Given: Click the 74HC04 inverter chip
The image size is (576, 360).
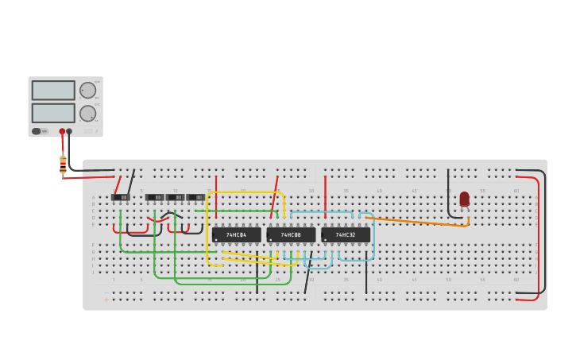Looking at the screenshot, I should [236, 235].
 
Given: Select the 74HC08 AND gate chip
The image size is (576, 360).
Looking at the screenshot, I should [291, 235].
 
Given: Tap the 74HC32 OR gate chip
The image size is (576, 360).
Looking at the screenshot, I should [346, 235].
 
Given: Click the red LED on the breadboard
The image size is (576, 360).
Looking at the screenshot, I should [464, 199].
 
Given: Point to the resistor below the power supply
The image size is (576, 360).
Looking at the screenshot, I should [63, 165].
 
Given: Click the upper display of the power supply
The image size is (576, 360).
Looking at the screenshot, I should [53, 90].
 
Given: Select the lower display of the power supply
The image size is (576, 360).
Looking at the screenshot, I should [53, 113].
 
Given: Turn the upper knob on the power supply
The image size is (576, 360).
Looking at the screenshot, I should [87, 90].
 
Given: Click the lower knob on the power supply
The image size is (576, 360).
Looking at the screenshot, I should [87, 113].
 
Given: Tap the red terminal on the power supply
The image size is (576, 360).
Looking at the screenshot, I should [62, 131].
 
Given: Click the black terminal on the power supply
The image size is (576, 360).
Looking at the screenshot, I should [69, 131].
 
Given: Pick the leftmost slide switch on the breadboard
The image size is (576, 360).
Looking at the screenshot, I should [120, 197].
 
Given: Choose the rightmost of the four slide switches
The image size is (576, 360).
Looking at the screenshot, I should [196, 197].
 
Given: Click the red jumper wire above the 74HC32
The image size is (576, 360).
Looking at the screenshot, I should [325, 196].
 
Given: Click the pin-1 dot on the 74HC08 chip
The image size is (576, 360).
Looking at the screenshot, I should [271, 239].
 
